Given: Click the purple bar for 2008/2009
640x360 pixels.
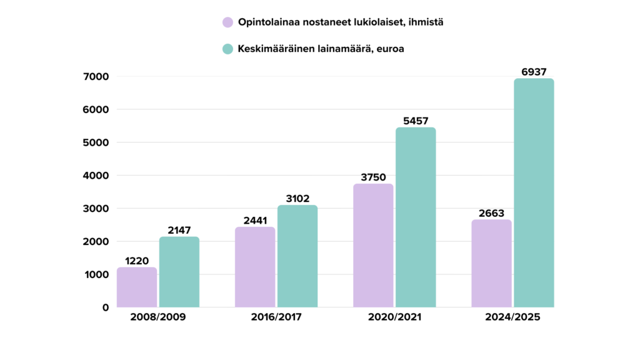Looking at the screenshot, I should pos(137,287).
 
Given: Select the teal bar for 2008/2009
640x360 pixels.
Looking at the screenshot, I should pos(179,272).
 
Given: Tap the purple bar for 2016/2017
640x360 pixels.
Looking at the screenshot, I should pos(255,267).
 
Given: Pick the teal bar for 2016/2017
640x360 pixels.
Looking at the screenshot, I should pos(297,256).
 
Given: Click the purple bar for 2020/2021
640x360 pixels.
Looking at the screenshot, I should pos(373,246).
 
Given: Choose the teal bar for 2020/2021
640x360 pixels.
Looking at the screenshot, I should pos(416,217).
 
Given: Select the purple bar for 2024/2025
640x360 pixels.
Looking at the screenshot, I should pos(491,263).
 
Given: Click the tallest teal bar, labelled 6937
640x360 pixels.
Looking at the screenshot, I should pos(534,193).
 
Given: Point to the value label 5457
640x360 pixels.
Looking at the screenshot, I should pos(416,121).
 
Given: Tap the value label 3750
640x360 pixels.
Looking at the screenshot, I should pos(373,177).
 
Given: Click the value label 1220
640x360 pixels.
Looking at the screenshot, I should pos(137,261).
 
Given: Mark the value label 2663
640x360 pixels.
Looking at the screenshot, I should pos(491,213).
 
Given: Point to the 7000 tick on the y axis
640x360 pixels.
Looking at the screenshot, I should pos(96,77).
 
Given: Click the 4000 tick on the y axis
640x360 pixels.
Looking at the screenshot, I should pos(96,176).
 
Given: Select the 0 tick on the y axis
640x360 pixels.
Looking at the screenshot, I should pos(105,307).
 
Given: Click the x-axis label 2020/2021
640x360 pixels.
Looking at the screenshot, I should pos(394,317).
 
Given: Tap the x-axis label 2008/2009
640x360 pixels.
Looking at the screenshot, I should pos(158,317).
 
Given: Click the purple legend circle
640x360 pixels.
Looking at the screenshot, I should pos(227,22).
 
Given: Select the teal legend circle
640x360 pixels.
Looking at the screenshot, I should pos(227,49).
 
